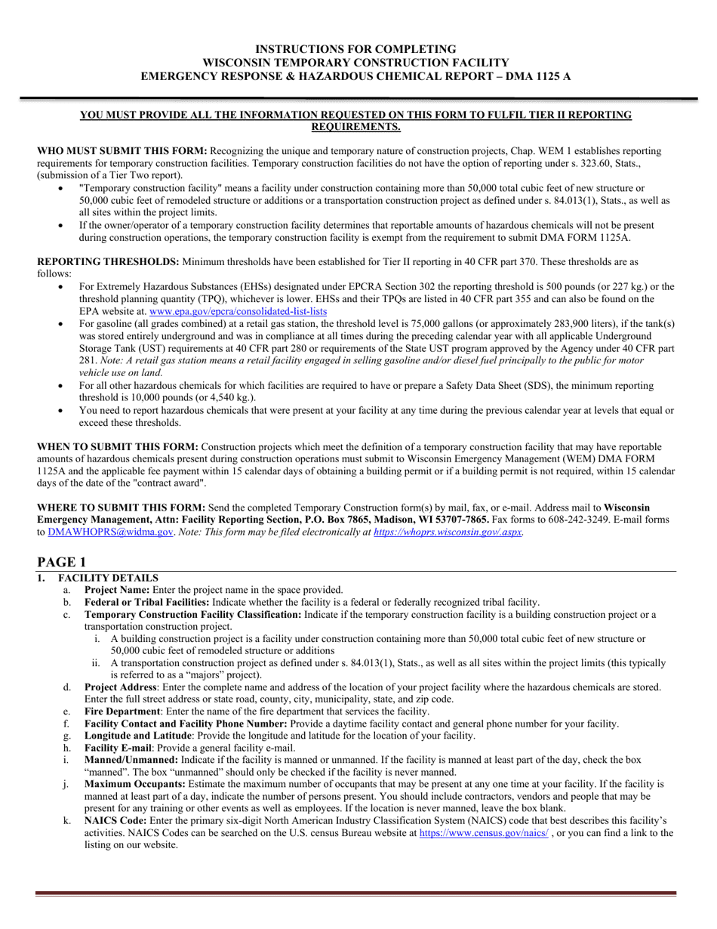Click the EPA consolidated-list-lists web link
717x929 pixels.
[238, 311]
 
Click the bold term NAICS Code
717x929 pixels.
[115, 820]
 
